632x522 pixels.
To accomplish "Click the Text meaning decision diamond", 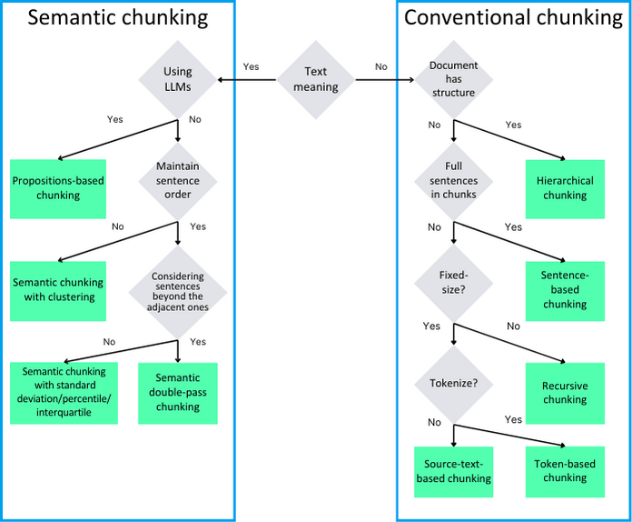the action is point(316,79).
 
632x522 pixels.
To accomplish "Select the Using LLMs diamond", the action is point(178,79).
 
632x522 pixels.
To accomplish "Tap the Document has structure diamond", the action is point(453,79).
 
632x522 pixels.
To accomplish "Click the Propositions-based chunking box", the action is point(58,189).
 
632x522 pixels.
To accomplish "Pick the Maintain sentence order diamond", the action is point(178,181).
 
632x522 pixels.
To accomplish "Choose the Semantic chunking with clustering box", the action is point(58,291).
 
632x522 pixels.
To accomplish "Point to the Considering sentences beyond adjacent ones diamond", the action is point(178,292).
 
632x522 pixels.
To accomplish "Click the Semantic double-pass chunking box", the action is point(178,393).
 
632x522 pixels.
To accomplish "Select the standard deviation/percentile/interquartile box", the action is point(64,393).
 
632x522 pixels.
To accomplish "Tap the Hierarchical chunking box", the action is point(565,189).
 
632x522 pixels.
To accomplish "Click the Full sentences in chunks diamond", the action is point(453,181).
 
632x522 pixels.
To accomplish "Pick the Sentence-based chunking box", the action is point(565,291).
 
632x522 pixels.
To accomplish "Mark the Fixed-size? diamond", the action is point(453,283).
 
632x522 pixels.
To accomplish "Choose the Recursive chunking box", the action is point(565,393).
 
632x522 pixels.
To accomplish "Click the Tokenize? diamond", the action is point(453,384).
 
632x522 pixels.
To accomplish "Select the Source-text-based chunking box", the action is point(453,472).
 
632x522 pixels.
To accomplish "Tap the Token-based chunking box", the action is point(565,472).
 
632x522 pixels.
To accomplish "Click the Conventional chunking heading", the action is point(514,18).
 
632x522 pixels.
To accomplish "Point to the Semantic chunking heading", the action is point(118,18).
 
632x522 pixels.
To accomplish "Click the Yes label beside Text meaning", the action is point(251,66).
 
